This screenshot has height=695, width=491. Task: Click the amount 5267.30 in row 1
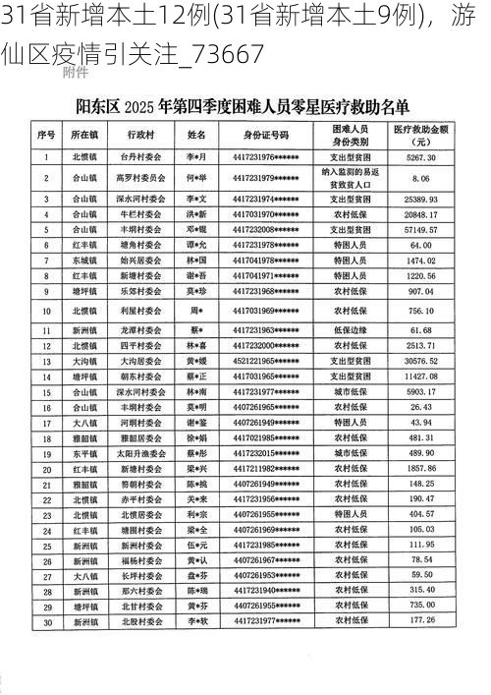(420, 157)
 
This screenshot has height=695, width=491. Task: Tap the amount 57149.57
(420, 228)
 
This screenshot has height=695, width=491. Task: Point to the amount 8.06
(420, 178)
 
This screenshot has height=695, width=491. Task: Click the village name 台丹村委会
(139, 157)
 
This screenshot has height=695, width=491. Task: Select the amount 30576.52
(420, 361)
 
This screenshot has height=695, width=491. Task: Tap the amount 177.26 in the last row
(422, 621)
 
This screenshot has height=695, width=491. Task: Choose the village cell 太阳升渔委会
(139, 453)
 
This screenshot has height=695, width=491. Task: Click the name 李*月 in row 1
(196, 157)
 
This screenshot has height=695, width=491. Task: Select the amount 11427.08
(420, 376)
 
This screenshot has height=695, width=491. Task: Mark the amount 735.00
(422, 606)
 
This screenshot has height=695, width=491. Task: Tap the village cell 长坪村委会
(139, 575)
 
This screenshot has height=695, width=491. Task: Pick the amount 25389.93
(420, 199)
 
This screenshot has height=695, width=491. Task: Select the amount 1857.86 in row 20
(420, 469)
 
